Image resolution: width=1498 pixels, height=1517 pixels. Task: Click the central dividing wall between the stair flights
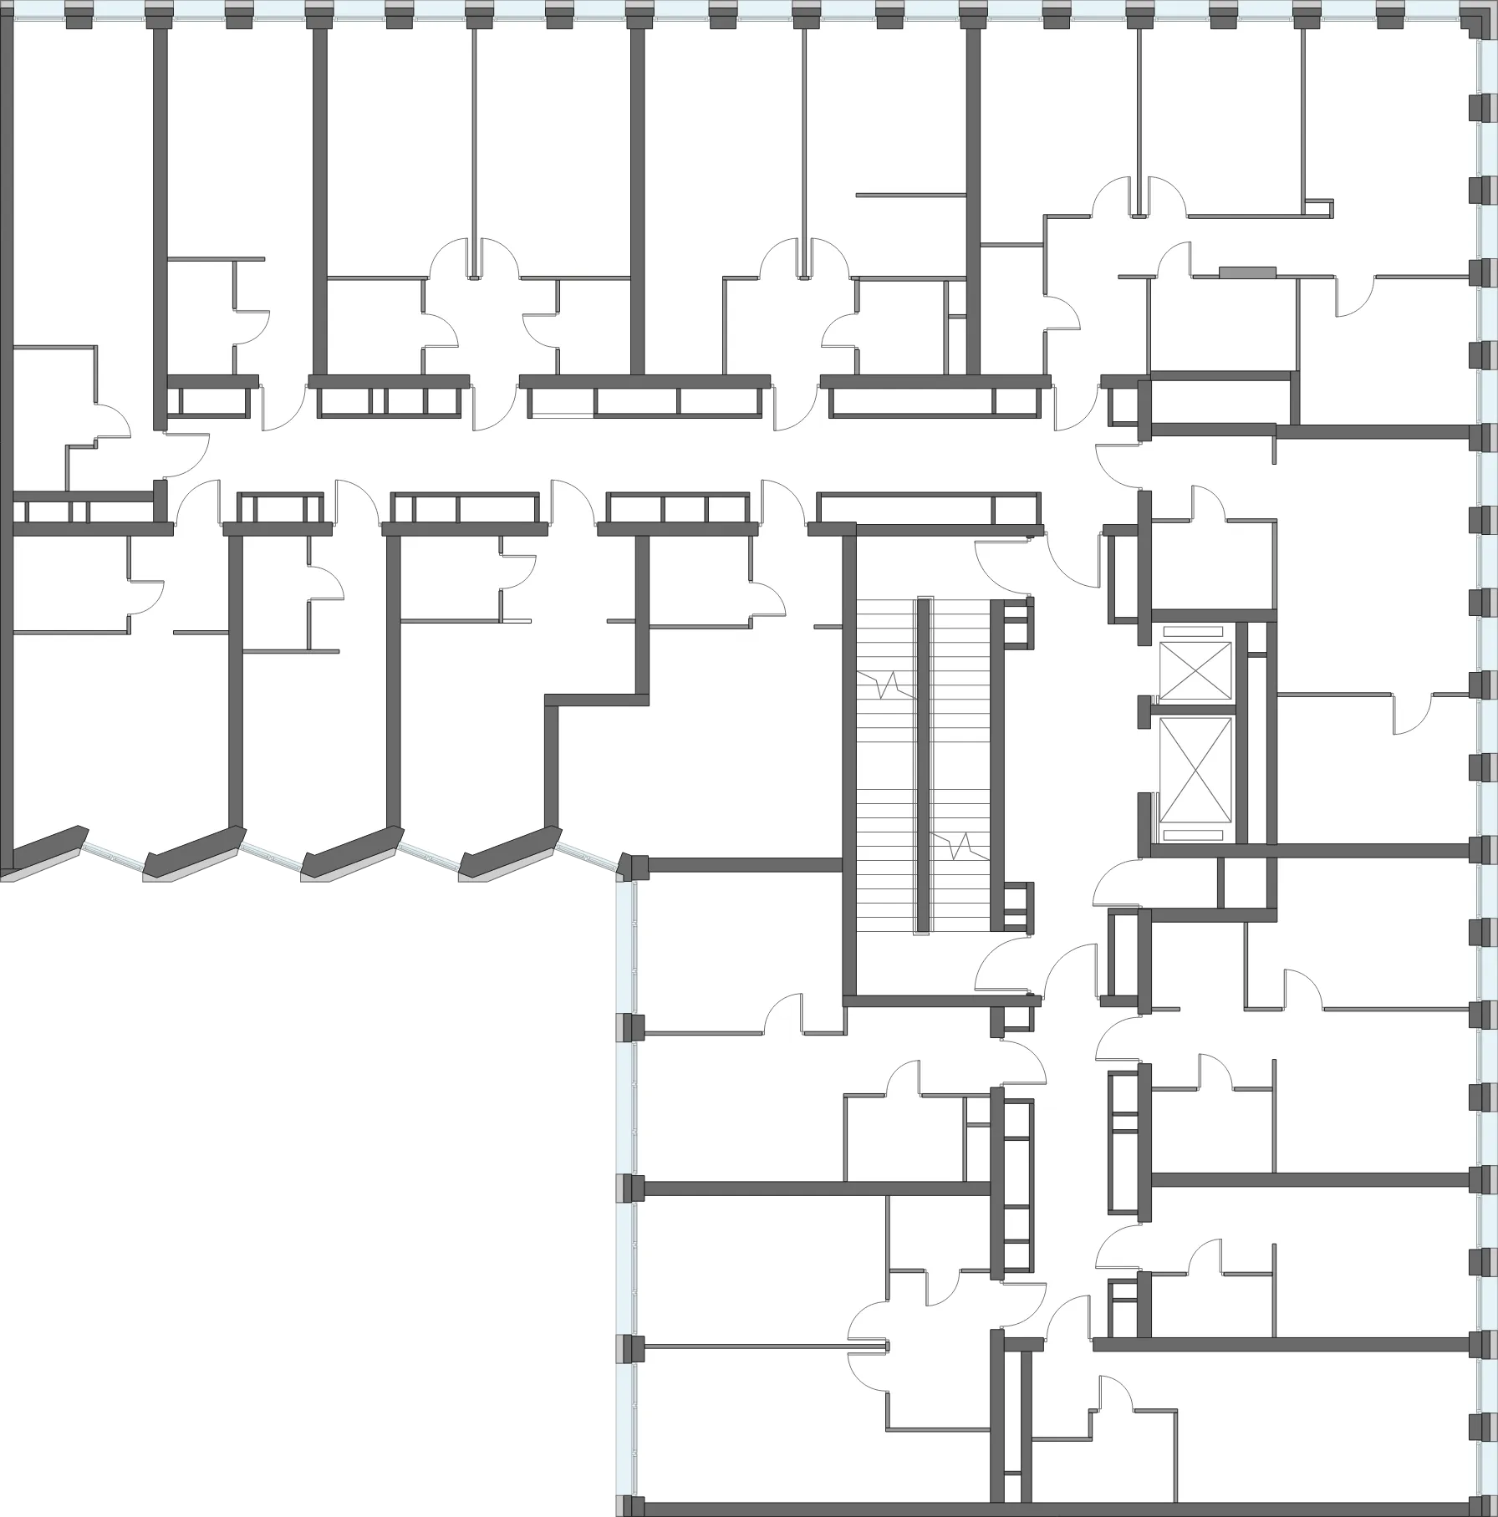click(923, 765)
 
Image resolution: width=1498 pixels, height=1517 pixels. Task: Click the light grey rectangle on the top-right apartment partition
click(1247, 271)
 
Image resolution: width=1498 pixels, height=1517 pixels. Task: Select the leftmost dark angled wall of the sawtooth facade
click(47, 846)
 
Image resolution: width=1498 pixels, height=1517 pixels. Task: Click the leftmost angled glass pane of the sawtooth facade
click(113, 859)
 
